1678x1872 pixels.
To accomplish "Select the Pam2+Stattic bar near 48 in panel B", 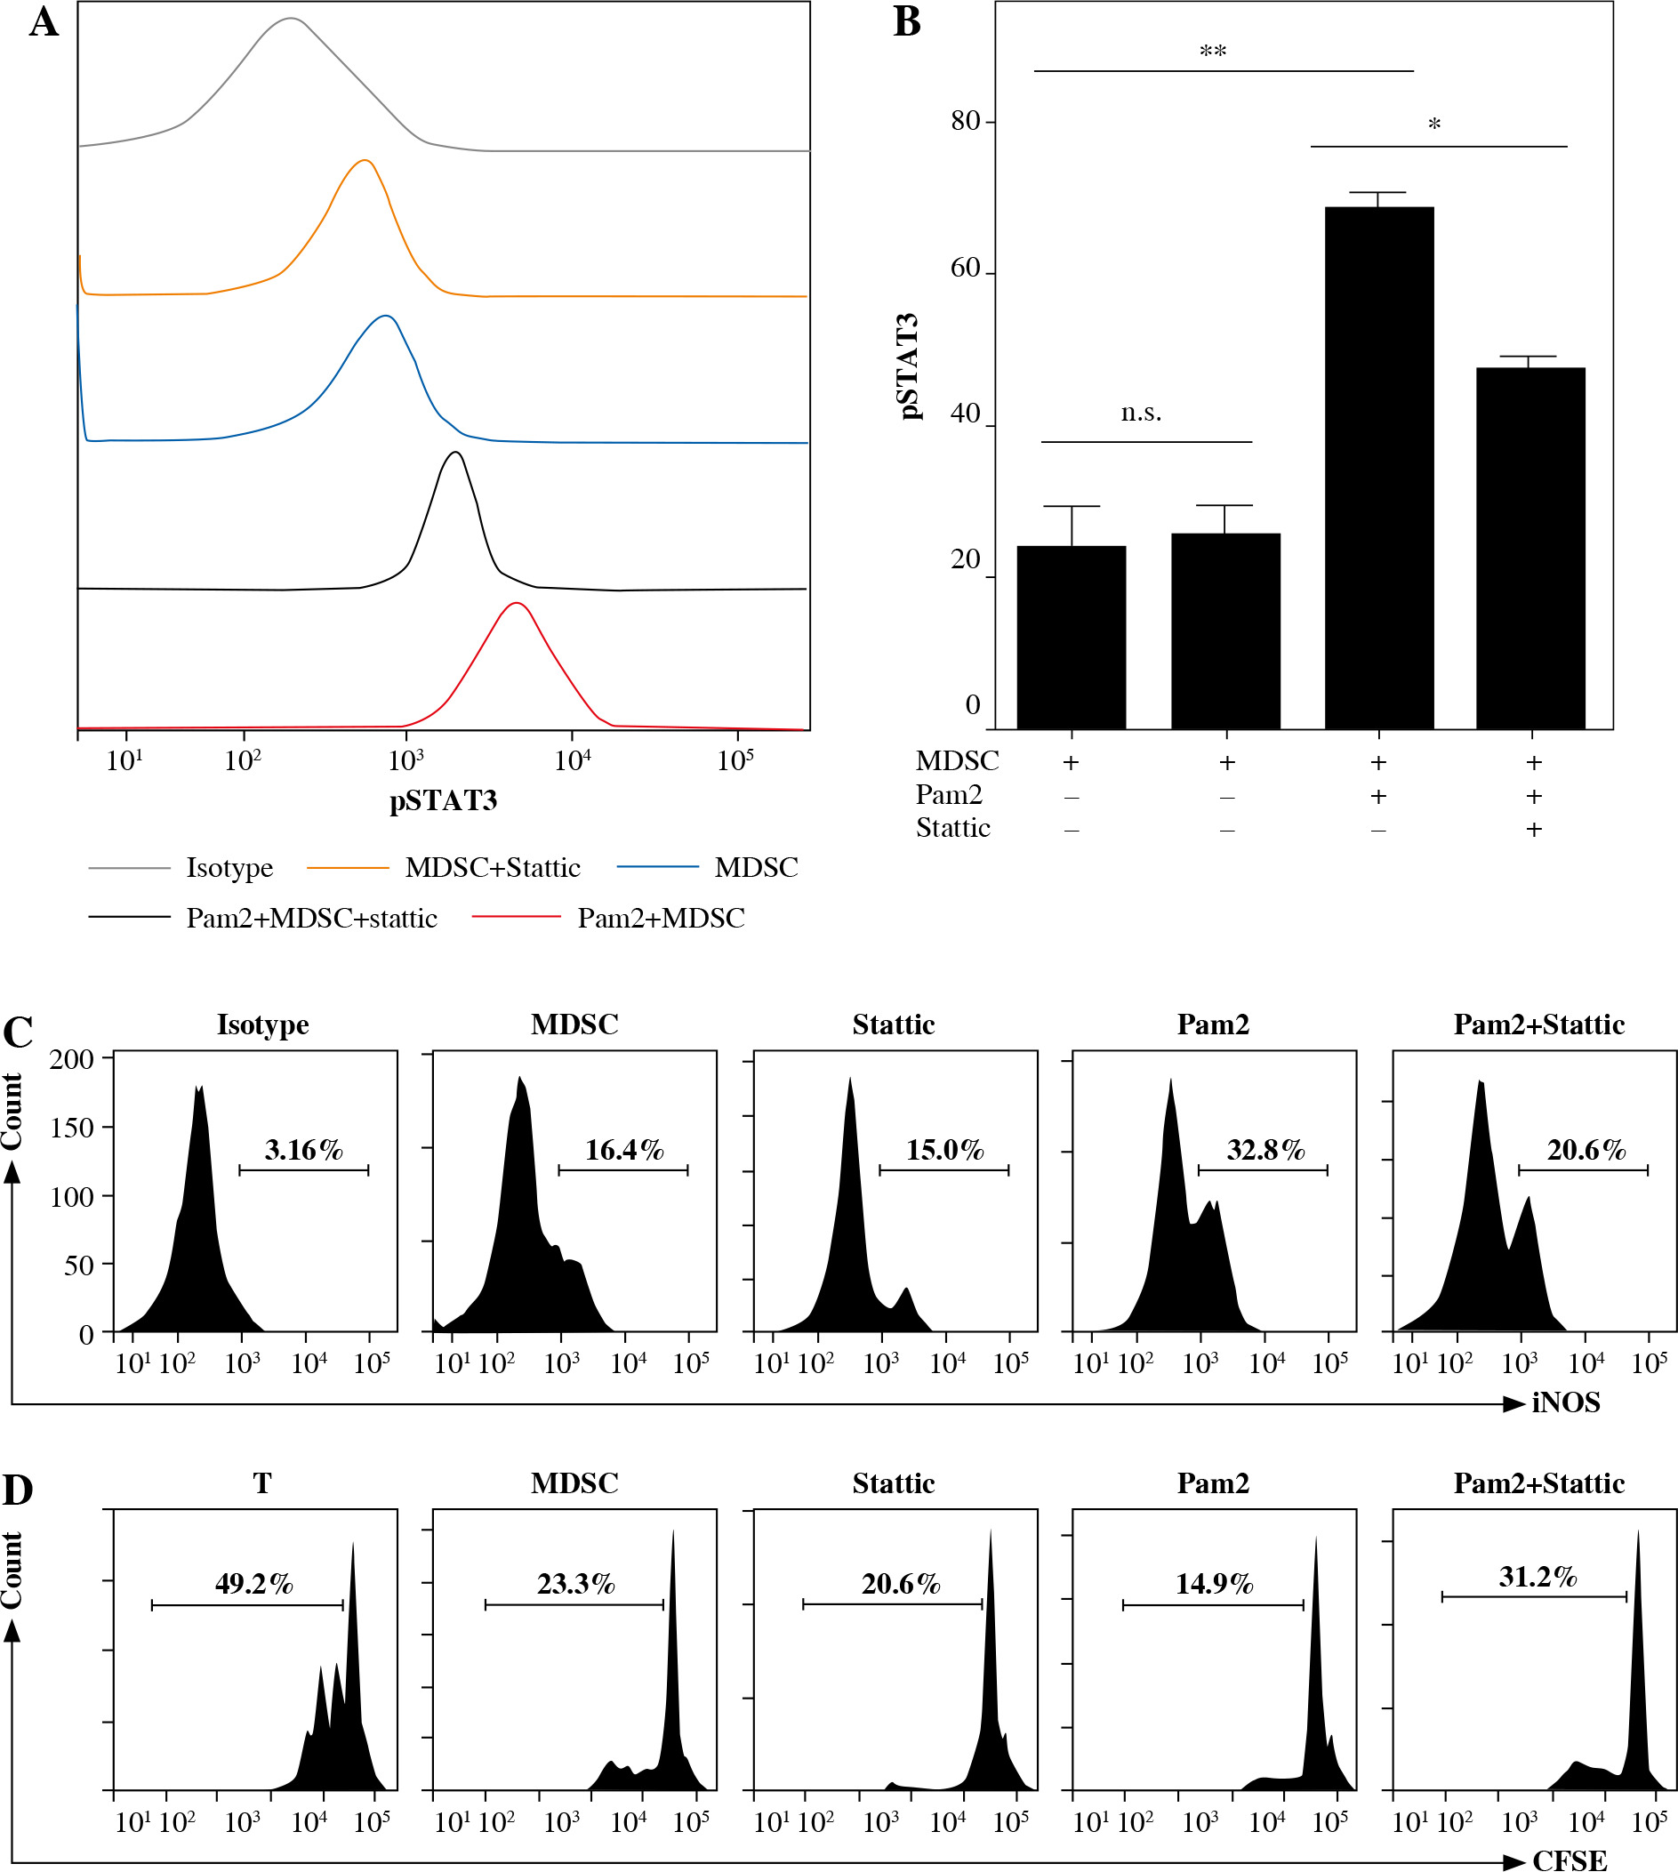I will (x=1530, y=548).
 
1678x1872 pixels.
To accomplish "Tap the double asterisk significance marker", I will (x=1212, y=52).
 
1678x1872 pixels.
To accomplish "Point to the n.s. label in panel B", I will (x=1141, y=413).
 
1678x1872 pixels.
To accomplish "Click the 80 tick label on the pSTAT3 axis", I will (x=966, y=121).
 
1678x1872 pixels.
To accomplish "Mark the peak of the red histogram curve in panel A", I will (x=518, y=604).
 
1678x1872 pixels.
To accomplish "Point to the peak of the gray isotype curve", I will (x=292, y=19).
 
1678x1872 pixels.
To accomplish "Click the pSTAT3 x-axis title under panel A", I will (x=444, y=800).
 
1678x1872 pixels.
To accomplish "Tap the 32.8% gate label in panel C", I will (x=1265, y=1150).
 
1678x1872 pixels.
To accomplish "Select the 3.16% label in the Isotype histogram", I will (x=303, y=1150).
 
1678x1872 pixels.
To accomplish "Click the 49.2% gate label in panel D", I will (x=253, y=1584).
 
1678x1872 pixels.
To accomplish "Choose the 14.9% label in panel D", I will (x=1213, y=1584).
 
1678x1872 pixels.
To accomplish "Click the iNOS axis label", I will (x=1566, y=1402).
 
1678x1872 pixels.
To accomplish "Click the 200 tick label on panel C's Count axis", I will (x=72, y=1058).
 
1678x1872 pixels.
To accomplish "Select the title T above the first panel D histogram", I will (x=261, y=1483).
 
